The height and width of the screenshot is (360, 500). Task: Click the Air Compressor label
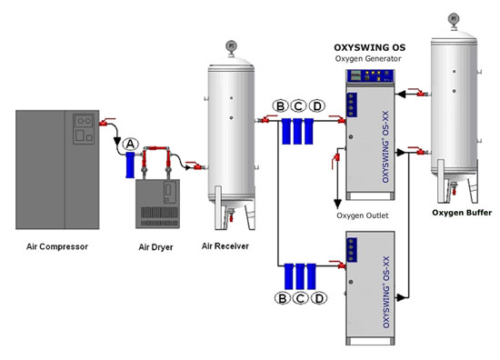coord(57,246)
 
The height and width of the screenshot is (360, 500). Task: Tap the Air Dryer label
coord(156,247)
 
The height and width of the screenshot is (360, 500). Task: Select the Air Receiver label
coord(225,246)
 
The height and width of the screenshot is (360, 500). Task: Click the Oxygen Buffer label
coord(462,213)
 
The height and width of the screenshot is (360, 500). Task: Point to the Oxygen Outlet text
coord(363,215)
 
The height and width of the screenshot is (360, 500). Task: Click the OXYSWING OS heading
coord(370,47)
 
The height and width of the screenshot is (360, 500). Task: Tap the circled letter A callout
coord(130,145)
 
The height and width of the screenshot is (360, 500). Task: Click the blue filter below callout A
coord(130,165)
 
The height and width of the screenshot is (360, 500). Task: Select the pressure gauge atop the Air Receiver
coord(231,46)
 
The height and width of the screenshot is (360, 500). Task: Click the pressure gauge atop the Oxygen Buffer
coord(454,19)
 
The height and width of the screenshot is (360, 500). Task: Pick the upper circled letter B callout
coord(281,105)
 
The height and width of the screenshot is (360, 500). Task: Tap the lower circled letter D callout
coord(319,298)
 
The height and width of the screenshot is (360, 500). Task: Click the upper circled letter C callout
coord(298,105)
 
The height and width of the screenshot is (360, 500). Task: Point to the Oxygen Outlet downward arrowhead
coord(337,204)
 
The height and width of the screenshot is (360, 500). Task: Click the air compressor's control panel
coord(84,128)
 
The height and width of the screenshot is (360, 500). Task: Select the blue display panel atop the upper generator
coord(370,76)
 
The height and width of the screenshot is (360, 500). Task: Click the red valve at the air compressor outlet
coord(105,122)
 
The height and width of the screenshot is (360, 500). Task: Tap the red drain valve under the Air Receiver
coord(231,218)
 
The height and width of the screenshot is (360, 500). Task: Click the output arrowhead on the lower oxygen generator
coord(401,298)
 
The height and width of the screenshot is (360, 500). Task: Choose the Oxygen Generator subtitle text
coord(368,59)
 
